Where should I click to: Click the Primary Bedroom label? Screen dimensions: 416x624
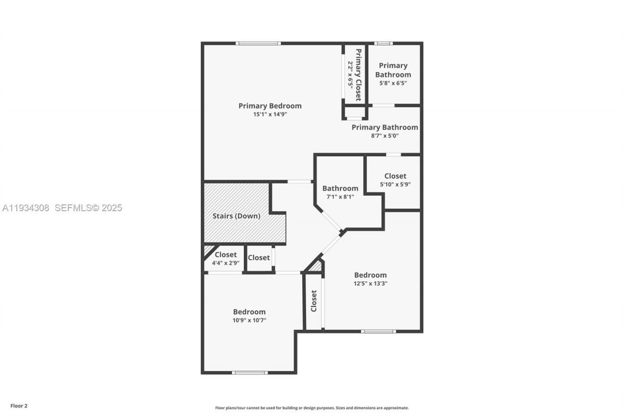coord(270,106)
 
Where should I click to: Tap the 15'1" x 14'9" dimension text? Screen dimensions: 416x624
coord(270,115)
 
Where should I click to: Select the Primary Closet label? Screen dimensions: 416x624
coord(358,75)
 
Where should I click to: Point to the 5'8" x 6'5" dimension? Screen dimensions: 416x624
coord(393,83)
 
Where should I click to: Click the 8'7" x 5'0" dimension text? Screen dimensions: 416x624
coord(385,136)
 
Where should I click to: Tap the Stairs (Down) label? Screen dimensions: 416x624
coord(236,216)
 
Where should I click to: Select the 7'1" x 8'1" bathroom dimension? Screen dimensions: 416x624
coord(340,197)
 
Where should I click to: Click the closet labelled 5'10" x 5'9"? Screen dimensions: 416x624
coord(395,176)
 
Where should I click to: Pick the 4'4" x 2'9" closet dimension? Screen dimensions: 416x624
coord(225,263)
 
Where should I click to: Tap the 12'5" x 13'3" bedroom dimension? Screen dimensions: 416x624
coord(370,283)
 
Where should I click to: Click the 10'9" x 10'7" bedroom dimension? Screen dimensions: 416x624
coord(249,320)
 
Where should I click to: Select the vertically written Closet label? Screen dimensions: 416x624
coord(314,301)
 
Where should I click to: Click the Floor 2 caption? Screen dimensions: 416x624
coord(19,406)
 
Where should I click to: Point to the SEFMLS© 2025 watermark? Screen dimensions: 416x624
coord(88,208)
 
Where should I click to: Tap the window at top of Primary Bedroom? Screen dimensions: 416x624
coord(258,43)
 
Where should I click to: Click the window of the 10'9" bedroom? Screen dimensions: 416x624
coord(250,373)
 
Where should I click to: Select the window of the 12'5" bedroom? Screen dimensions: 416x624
coord(378,331)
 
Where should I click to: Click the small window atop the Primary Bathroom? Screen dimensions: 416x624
coord(383,43)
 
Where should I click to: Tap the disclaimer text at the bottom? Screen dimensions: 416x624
coord(312,408)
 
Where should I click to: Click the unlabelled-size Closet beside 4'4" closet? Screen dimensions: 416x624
coord(259,258)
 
